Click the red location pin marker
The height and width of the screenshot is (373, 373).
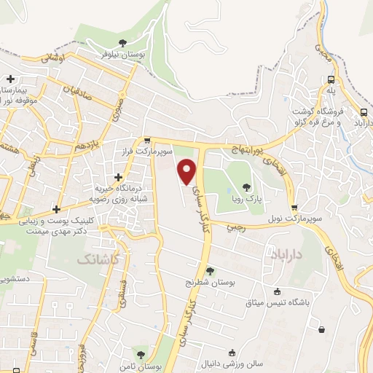coord(187,171)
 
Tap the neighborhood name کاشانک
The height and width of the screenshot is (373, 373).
coord(96,259)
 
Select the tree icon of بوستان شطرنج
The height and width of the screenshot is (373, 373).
coord(211,270)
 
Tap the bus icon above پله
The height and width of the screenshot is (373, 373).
coord(331,79)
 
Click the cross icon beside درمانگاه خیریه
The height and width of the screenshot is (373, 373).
coord(118,177)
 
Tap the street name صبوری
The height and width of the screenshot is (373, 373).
coord(117,111)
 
